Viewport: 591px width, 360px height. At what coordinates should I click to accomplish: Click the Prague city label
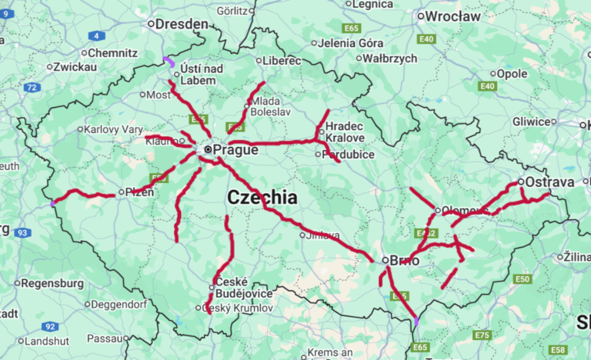tap(235, 150)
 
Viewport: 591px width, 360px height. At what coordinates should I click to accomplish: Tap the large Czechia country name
tap(262, 198)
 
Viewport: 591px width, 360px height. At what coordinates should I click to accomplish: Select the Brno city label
tap(405, 261)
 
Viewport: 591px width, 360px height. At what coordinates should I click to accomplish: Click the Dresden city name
tap(182, 25)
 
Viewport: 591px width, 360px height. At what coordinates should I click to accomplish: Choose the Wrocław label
tap(453, 15)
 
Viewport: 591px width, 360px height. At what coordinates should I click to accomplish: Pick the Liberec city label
tap(281, 60)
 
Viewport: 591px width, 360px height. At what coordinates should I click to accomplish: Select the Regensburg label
tap(52, 283)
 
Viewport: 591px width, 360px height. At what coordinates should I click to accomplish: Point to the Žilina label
tap(576, 256)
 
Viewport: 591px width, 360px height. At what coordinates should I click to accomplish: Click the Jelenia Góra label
tap(345, 42)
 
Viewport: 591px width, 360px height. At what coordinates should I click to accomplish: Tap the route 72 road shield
tap(32, 88)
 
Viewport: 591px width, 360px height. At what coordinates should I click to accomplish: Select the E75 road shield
tap(482, 335)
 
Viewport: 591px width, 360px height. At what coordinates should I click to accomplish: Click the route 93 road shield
tap(22, 232)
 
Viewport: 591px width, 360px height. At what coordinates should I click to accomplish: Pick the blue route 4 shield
tap(97, 35)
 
